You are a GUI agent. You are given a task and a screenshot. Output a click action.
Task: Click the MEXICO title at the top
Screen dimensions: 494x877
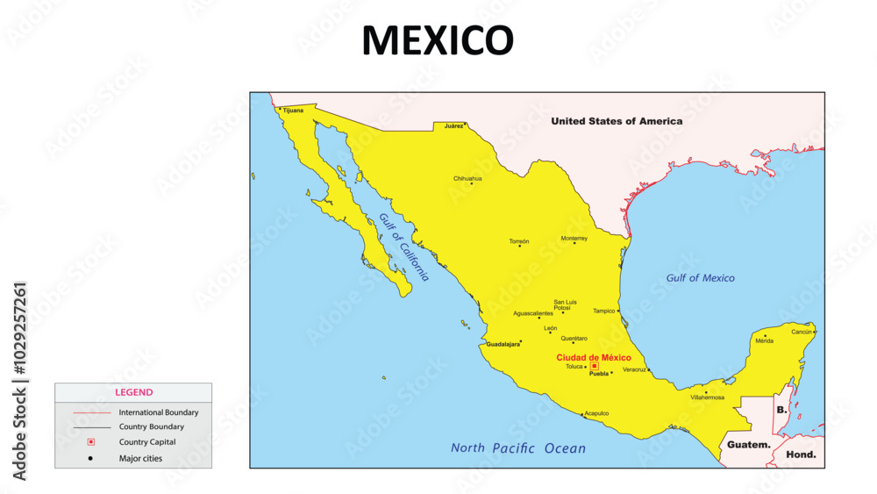(x=438, y=40)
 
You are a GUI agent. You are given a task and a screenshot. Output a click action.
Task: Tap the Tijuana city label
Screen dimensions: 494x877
(x=293, y=111)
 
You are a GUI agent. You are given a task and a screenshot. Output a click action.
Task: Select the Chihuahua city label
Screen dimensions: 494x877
(x=467, y=178)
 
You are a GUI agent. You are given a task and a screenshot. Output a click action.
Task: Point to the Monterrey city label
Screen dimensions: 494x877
(x=574, y=238)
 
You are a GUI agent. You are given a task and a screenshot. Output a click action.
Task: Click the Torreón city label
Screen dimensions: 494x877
(x=519, y=241)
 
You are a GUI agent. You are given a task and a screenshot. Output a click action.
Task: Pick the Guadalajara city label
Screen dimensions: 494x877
(x=503, y=344)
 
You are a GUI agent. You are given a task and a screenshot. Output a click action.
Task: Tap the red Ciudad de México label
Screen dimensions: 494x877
(x=594, y=357)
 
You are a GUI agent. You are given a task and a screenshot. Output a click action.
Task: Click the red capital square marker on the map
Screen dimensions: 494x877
(x=595, y=366)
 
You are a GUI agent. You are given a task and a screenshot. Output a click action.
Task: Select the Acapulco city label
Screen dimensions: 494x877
(x=597, y=412)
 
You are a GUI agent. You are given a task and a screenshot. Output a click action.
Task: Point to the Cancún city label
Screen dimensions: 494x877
(x=802, y=332)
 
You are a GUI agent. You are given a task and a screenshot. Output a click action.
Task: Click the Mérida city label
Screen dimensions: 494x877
(x=765, y=340)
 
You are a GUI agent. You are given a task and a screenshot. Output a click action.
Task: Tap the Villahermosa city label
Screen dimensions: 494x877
(x=708, y=397)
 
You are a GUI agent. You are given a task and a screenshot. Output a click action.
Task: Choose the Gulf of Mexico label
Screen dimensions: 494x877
(x=700, y=278)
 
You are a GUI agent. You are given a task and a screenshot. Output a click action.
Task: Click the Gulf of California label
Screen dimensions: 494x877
(x=404, y=247)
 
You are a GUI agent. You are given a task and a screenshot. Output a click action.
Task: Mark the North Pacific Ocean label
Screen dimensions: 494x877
(x=517, y=448)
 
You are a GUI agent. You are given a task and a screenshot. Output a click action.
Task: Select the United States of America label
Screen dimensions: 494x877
(x=616, y=121)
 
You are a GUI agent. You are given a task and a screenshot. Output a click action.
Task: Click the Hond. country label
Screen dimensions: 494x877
(x=801, y=455)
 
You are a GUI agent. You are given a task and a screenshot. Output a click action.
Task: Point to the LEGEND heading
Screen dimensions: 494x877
(x=133, y=392)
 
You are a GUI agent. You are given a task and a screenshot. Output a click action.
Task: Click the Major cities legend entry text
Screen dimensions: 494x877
(x=140, y=458)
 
